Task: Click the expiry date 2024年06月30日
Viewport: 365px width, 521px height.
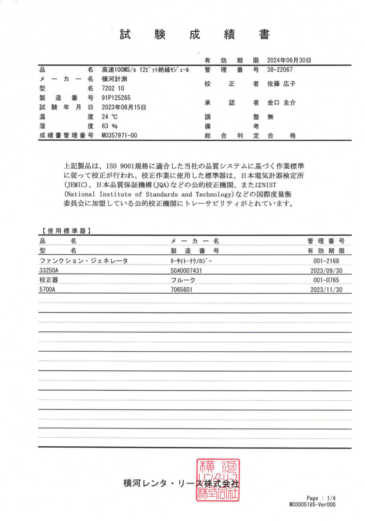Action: (x=289, y=60)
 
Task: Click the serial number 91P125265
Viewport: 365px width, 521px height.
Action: (x=116, y=98)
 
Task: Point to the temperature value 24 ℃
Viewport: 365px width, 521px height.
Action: (x=110, y=116)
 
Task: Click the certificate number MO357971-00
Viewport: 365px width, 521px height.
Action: (x=119, y=135)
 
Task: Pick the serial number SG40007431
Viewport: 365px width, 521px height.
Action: (x=190, y=270)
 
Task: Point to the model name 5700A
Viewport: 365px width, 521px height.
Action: (x=47, y=289)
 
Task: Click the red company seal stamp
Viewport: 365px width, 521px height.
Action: (x=217, y=480)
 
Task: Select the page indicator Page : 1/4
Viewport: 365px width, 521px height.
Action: (x=321, y=498)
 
